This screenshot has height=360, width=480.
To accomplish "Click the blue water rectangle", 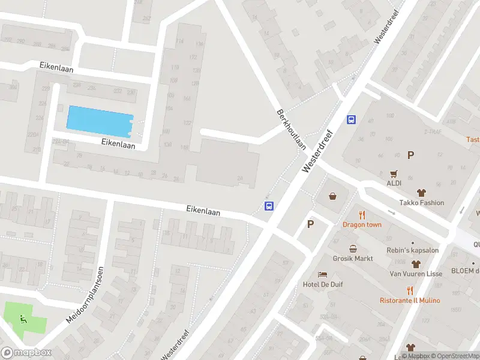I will [100, 121].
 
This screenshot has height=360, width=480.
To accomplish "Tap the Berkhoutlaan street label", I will [292, 130].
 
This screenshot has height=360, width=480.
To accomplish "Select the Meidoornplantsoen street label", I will [83, 295].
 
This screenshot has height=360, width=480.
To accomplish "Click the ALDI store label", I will [394, 184].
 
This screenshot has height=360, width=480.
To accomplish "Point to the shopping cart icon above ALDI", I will [394, 174].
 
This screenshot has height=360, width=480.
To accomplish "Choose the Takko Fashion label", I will [422, 203].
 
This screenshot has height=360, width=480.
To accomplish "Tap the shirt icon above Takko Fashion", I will [422, 193].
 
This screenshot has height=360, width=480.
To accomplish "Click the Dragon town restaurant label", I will [362, 224].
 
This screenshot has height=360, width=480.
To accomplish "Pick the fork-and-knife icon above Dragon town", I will [362, 215].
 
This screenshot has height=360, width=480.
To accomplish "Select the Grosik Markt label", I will [354, 259].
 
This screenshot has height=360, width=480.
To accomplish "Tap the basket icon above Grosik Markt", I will [353, 248].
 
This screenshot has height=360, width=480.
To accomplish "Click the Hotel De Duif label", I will [323, 284].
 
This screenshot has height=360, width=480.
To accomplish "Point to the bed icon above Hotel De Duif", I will [323, 274].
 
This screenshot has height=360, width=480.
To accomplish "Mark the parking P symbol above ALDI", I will [410, 155].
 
